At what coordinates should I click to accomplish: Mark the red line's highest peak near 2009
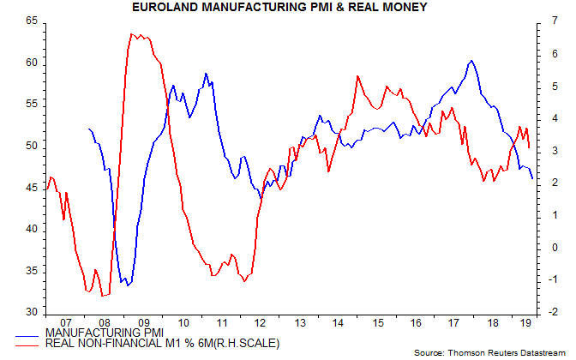click(131, 34)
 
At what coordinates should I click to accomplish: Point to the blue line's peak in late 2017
click(471, 61)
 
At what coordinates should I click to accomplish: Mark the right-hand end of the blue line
click(533, 178)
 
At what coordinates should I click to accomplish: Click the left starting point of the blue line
click(88, 129)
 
